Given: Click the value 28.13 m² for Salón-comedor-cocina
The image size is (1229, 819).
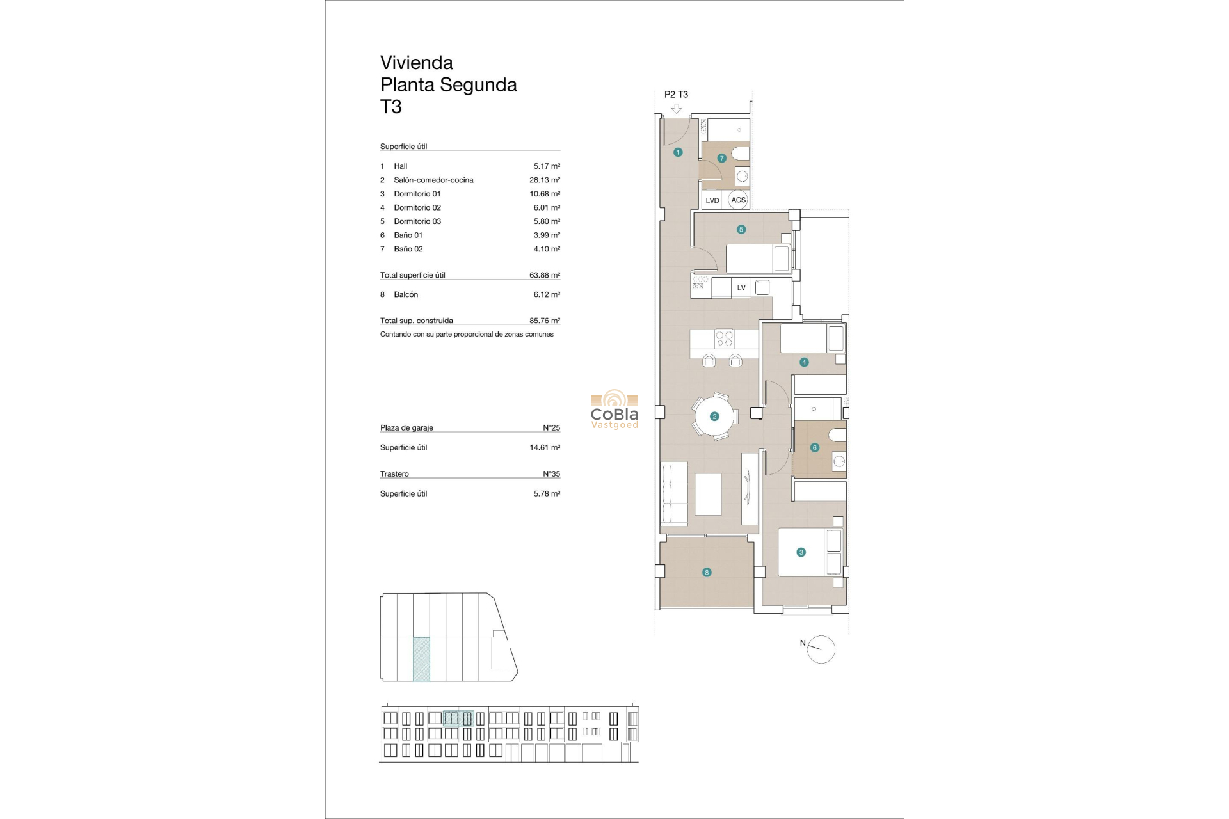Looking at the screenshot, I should (x=544, y=180).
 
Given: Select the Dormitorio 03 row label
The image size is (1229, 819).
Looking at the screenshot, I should (x=417, y=221).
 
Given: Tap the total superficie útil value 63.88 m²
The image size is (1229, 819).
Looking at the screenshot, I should (x=544, y=275).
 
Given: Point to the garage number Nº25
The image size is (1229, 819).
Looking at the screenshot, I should (x=551, y=428).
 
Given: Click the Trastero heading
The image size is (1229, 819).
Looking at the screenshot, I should (x=394, y=474).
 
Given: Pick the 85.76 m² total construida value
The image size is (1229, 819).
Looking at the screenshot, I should (x=544, y=321).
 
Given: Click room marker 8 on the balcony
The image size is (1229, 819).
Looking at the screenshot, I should (x=707, y=573).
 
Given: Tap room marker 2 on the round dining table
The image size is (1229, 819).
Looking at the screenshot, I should (x=714, y=417).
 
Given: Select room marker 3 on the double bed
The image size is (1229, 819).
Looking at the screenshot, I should (x=801, y=552).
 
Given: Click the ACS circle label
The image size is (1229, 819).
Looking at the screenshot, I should (x=738, y=200).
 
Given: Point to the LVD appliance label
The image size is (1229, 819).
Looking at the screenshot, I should (x=712, y=200).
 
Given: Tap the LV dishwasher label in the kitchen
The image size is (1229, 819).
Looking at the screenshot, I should (x=741, y=288).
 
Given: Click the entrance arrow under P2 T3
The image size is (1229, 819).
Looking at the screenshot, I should (x=676, y=109).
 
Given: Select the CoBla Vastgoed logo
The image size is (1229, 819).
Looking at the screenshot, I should (x=614, y=409).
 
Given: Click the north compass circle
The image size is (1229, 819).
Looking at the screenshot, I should (x=821, y=649).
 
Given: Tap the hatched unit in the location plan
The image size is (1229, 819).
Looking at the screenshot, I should (x=421, y=659).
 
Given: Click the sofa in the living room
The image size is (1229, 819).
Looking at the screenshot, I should (x=674, y=493).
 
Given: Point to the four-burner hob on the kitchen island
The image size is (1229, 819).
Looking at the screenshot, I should (x=724, y=338).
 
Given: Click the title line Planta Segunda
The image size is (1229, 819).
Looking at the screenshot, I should (x=448, y=84).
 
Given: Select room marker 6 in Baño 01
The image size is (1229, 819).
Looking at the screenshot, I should (x=815, y=448).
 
